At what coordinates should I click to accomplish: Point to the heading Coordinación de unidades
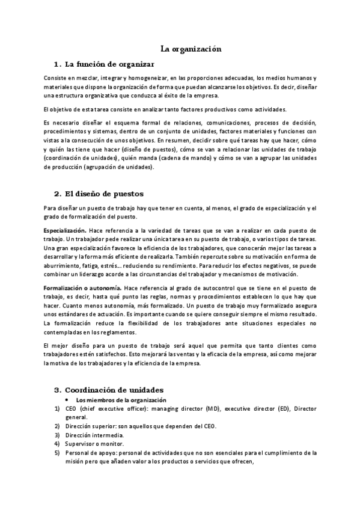[x=114, y=390]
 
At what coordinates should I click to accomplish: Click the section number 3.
[x=57, y=390]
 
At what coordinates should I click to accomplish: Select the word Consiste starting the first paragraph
[x=55, y=78]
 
